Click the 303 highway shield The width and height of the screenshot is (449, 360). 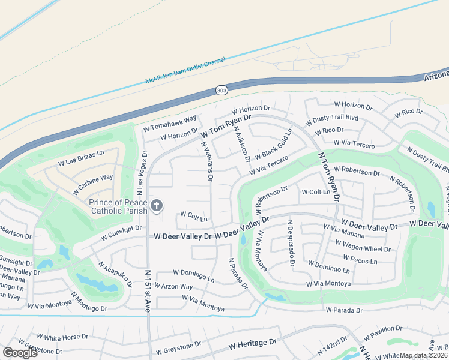[x=221, y=90]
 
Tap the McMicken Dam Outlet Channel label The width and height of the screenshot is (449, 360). [x=185, y=71]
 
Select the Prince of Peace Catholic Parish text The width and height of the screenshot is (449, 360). [x=118, y=206]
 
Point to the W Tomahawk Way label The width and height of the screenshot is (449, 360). [x=170, y=124]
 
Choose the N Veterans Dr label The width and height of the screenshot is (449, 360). [x=207, y=160]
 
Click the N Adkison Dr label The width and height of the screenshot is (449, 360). [x=242, y=144]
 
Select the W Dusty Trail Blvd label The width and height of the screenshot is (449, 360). [x=331, y=118]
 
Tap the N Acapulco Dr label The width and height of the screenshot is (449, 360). [x=114, y=275]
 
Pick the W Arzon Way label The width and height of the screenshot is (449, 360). [x=173, y=287]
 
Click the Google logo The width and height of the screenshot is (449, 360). [x=20, y=353]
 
